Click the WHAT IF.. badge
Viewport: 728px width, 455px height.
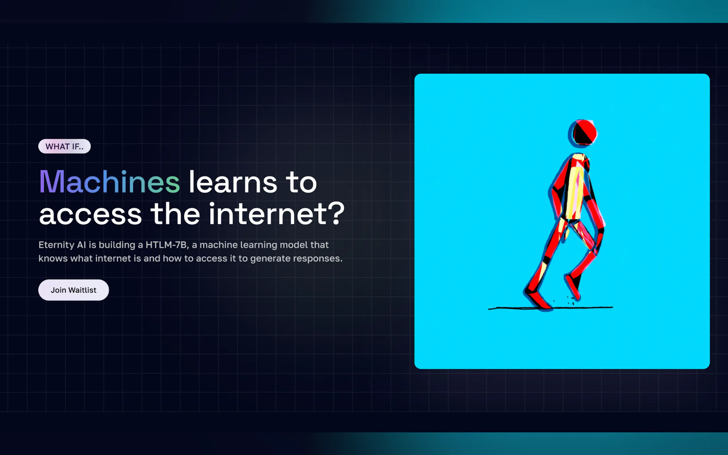pyautogui.click(x=64, y=146)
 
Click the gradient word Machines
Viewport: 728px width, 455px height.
pyautogui.click(x=109, y=182)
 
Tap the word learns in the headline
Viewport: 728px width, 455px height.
pyautogui.click(x=233, y=182)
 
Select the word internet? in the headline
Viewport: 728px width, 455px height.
pyautogui.click(x=277, y=214)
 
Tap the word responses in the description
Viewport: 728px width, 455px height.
pyautogui.click(x=318, y=259)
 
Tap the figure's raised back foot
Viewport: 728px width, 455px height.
pyautogui.click(x=572, y=287)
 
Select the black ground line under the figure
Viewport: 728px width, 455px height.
pyautogui.click(x=550, y=308)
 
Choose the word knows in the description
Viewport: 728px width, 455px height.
pyautogui.click(x=53, y=258)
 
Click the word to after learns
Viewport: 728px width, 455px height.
pyautogui.click(x=301, y=182)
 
